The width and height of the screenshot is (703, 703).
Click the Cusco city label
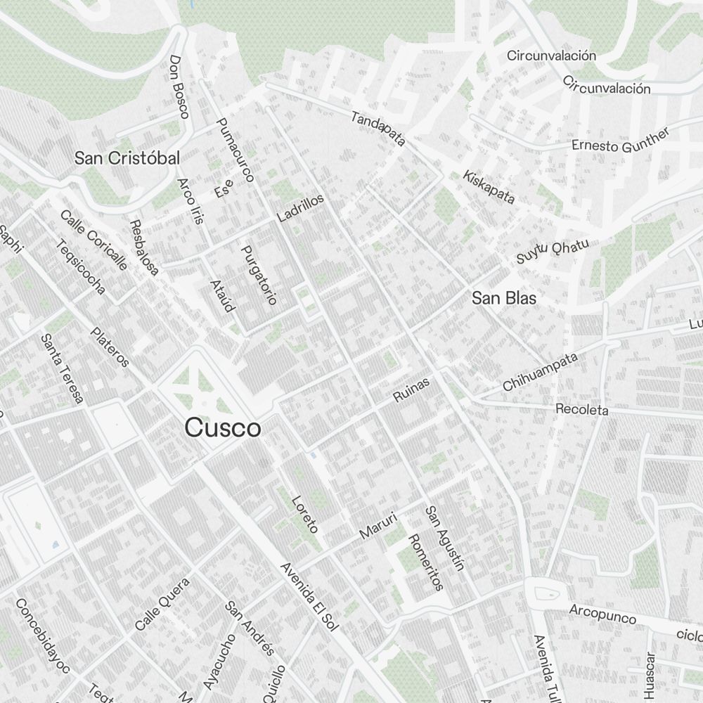(222, 427)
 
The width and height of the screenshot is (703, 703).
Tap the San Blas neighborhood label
(503, 298)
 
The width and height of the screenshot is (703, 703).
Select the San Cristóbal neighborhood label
(127, 157)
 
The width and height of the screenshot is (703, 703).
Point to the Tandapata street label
(378, 129)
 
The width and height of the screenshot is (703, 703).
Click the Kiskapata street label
(489, 186)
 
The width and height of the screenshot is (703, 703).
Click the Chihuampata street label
(540, 373)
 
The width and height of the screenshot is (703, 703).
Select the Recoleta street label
(581, 409)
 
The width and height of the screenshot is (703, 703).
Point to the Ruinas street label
(411, 387)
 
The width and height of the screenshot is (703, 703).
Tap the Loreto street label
(305, 514)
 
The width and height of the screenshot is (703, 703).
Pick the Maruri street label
(378, 525)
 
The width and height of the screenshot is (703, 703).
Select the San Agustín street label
(445, 538)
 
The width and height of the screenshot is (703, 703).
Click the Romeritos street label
(425, 562)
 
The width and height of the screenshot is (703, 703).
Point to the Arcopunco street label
(602, 614)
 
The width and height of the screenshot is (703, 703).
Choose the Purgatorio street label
(258, 274)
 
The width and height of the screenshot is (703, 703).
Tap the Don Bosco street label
(179, 87)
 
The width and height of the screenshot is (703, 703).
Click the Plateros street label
(110, 347)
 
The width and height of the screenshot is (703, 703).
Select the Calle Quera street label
(162, 603)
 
